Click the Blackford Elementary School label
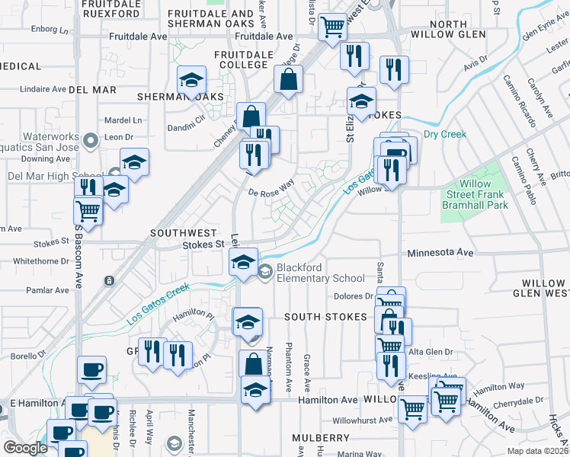coord(320,273)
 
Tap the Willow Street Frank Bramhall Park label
coord(485,195)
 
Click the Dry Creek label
coord(444,135)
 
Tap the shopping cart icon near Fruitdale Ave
coord(332,28)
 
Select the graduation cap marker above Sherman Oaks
coord(193,80)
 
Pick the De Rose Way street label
coord(272,187)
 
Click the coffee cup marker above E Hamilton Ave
coord(91,370)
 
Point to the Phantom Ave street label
coord(289,357)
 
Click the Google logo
coord(25,448)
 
